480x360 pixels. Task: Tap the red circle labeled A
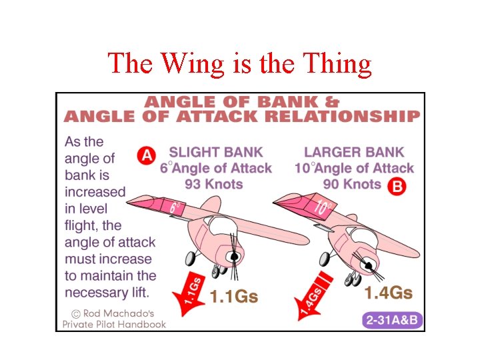click(146, 156)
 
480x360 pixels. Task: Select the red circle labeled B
click(397, 186)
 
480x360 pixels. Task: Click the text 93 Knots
click(215, 184)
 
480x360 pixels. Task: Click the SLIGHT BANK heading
click(216, 153)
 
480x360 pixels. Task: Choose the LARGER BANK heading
click(354, 153)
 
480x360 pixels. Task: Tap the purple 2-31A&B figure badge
click(392, 320)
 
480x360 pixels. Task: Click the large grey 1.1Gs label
click(234, 296)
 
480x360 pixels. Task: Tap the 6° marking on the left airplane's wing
click(175, 207)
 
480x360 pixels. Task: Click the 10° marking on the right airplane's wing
click(322, 207)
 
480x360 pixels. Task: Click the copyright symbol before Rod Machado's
click(77, 313)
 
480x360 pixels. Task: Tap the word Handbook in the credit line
click(141, 325)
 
